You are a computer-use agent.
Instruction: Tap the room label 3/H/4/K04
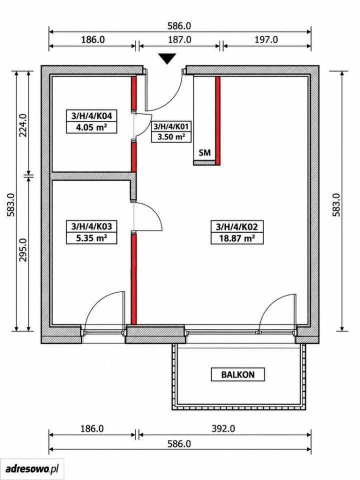(x=91, y=116)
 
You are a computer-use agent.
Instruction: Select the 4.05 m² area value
(x=91, y=127)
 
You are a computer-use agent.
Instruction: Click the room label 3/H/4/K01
(x=171, y=126)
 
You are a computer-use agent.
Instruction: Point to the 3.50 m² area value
(x=171, y=136)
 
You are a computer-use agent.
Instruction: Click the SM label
(x=205, y=153)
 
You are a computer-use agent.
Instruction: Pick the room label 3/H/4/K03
(x=91, y=226)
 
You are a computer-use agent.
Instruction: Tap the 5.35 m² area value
(x=91, y=237)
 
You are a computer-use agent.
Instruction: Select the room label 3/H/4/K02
(x=237, y=227)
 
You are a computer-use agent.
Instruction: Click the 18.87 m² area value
(x=237, y=238)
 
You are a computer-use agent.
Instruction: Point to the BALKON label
(x=238, y=374)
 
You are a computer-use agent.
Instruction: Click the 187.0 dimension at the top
(x=179, y=40)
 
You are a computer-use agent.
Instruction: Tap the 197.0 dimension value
(x=266, y=40)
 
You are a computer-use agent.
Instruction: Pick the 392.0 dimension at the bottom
(x=223, y=429)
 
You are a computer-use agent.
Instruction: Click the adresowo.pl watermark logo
(x=32, y=468)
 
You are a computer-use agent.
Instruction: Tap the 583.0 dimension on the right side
(x=336, y=205)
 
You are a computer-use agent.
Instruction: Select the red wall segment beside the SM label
(x=217, y=120)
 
